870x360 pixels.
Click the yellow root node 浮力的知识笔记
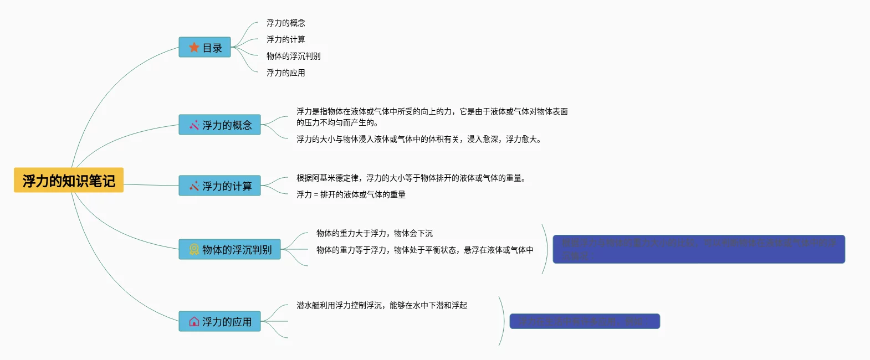click(69, 181)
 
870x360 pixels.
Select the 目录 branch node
click(204, 48)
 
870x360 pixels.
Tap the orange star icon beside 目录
click(194, 48)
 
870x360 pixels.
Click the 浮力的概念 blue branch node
click(219, 125)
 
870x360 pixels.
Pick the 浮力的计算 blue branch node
click(219, 186)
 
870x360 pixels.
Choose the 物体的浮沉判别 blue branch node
click(229, 250)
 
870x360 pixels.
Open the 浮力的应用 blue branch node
click(219, 322)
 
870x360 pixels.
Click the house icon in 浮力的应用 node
click(194, 322)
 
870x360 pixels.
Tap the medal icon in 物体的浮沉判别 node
click(194, 250)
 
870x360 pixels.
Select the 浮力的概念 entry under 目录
click(285, 23)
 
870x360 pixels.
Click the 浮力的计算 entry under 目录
click(285, 39)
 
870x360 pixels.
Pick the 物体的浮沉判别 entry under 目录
click(293, 56)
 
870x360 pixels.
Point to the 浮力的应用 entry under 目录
click(285, 73)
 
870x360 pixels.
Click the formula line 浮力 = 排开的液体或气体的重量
click(351, 194)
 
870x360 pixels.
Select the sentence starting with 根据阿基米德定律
click(411, 178)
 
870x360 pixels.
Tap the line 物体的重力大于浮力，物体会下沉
click(375, 233)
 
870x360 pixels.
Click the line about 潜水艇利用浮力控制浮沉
click(381, 305)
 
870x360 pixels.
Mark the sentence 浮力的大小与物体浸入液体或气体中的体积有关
click(418, 139)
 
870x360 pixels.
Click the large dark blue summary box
click(699, 249)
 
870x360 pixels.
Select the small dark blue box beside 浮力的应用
click(585, 321)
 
